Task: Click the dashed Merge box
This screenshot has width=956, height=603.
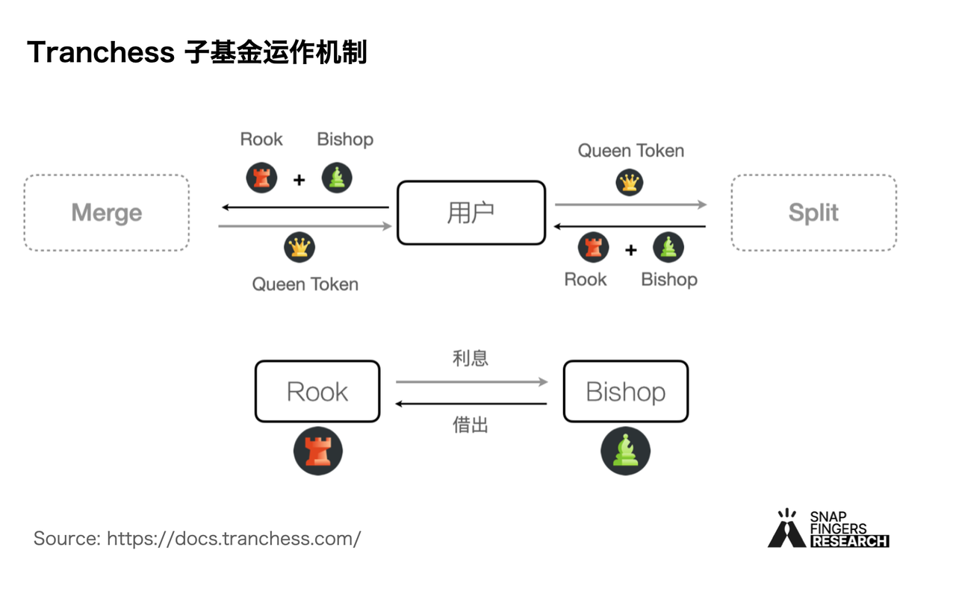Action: tap(106, 213)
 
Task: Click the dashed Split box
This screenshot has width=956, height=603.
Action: tap(813, 213)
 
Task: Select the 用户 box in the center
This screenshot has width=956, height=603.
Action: tap(471, 213)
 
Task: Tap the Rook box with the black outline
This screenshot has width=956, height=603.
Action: tap(317, 392)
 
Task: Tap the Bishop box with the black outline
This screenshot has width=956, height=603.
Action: tap(625, 392)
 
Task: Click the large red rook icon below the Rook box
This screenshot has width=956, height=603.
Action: tap(318, 452)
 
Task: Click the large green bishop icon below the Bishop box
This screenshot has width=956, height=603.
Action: tap(626, 452)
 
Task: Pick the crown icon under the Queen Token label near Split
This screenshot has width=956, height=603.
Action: tap(630, 182)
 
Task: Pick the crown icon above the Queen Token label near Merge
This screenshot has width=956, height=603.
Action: tap(299, 248)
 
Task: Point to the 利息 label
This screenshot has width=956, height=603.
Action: tap(471, 358)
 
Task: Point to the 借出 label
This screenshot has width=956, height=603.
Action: tap(471, 425)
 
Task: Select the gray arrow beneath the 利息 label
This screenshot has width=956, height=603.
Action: tap(472, 382)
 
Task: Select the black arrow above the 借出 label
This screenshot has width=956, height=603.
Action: tap(472, 404)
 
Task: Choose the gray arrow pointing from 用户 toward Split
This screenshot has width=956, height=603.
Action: tap(630, 204)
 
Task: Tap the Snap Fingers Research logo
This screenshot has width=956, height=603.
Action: tap(828, 529)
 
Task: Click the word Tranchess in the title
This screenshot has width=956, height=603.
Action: tap(101, 53)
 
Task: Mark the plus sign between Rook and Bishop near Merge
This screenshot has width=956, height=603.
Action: tap(299, 180)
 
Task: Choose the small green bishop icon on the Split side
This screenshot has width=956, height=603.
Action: tap(668, 248)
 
